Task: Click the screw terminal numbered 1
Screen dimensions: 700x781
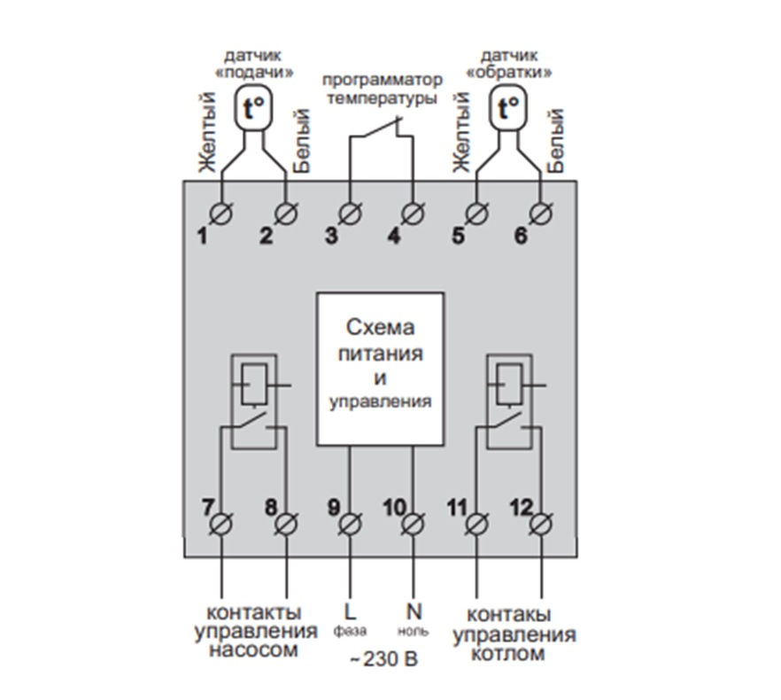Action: [221, 214]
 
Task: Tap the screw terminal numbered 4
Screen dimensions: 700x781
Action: [412, 214]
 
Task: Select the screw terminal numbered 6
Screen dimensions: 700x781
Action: [541, 214]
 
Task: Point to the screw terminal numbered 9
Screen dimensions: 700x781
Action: [351, 525]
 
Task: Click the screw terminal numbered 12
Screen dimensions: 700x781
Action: [541, 525]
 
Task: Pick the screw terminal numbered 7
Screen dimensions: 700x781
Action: [221, 525]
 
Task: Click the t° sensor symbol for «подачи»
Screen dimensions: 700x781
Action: [253, 109]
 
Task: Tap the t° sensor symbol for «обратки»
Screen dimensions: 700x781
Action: [508, 109]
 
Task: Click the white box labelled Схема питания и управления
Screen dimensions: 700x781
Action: [380, 368]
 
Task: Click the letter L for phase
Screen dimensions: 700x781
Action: [349, 611]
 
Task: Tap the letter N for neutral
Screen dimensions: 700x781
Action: [413, 611]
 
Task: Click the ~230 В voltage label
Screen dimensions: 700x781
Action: [383, 660]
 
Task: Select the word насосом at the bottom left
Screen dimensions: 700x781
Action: [254, 651]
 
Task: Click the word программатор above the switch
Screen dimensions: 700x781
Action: [381, 81]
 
